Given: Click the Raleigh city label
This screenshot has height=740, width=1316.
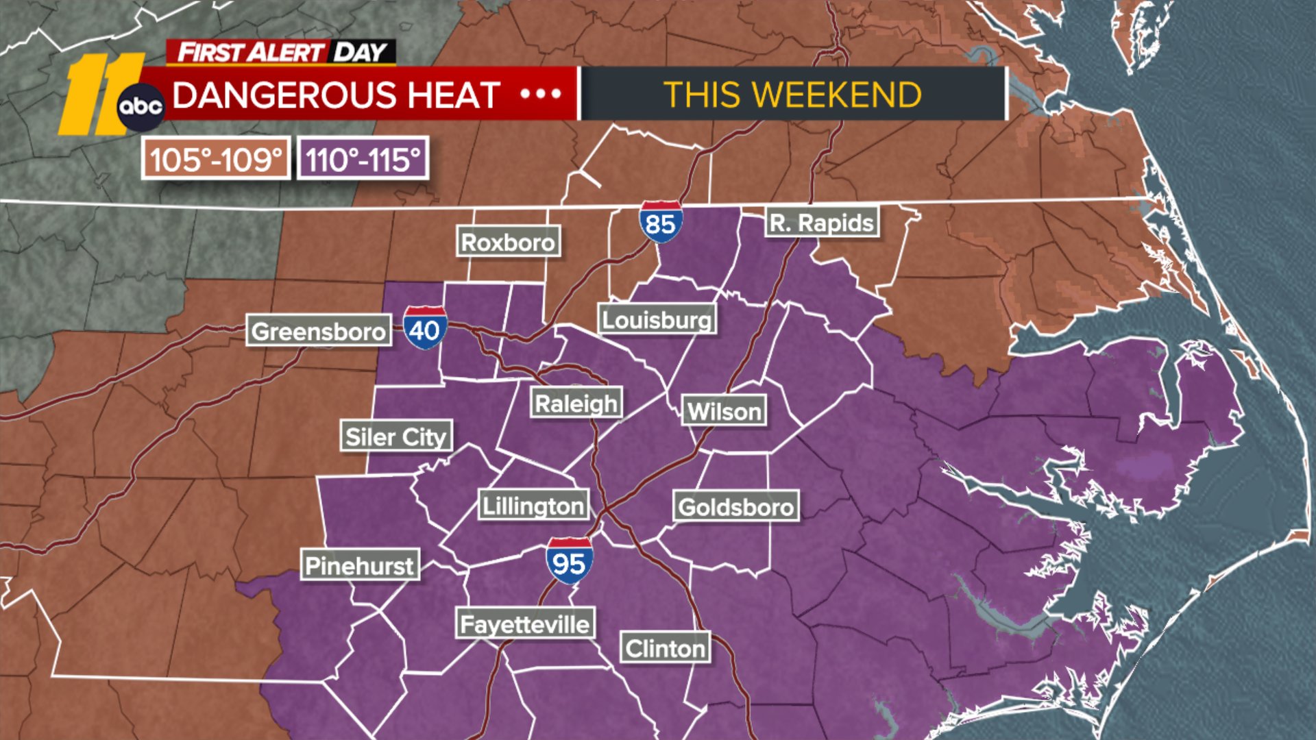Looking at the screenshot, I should pyautogui.click(x=576, y=404).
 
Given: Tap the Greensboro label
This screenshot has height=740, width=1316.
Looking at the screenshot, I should pyautogui.click(x=319, y=332).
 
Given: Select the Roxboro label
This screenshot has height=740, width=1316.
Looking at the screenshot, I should pyautogui.click(x=508, y=242).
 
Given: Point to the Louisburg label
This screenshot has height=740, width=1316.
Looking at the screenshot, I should pyautogui.click(x=657, y=319).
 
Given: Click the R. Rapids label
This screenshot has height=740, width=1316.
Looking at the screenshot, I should pyautogui.click(x=821, y=223).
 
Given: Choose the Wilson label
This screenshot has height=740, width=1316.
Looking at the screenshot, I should pyautogui.click(x=724, y=411).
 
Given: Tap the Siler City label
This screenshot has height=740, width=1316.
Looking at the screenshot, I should pyautogui.click(x=396, y=436).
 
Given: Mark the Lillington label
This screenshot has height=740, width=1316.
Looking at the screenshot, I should pyautogui.click(x=533, y=506).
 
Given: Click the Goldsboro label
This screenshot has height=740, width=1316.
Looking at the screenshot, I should pyautogui.click(x=735, y=507).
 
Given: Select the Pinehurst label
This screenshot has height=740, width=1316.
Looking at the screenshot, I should pyautogui.click(x=359, y=565).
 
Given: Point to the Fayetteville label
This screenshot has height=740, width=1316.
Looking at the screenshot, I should pyautogui.click(x=525, y=624).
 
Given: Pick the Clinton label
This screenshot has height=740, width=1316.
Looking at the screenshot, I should pyautogui.click(x=665, y=648).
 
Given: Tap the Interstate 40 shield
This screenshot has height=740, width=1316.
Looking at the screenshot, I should pyautogui.click(x=425, y=328).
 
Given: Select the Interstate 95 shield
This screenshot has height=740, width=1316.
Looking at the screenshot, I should pyautogui.click(x=569, y=561).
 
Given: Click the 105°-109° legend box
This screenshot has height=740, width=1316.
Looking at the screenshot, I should pyautogui.click(x=216, y=159).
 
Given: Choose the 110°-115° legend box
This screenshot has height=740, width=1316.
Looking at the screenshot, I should pyautogui.click(x=363, y=159).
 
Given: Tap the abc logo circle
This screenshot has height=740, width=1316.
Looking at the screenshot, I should pyautogui.click(x=141, y=107).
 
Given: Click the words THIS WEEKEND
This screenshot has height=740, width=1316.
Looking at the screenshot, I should pyautogui.click(x=792, y=95).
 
